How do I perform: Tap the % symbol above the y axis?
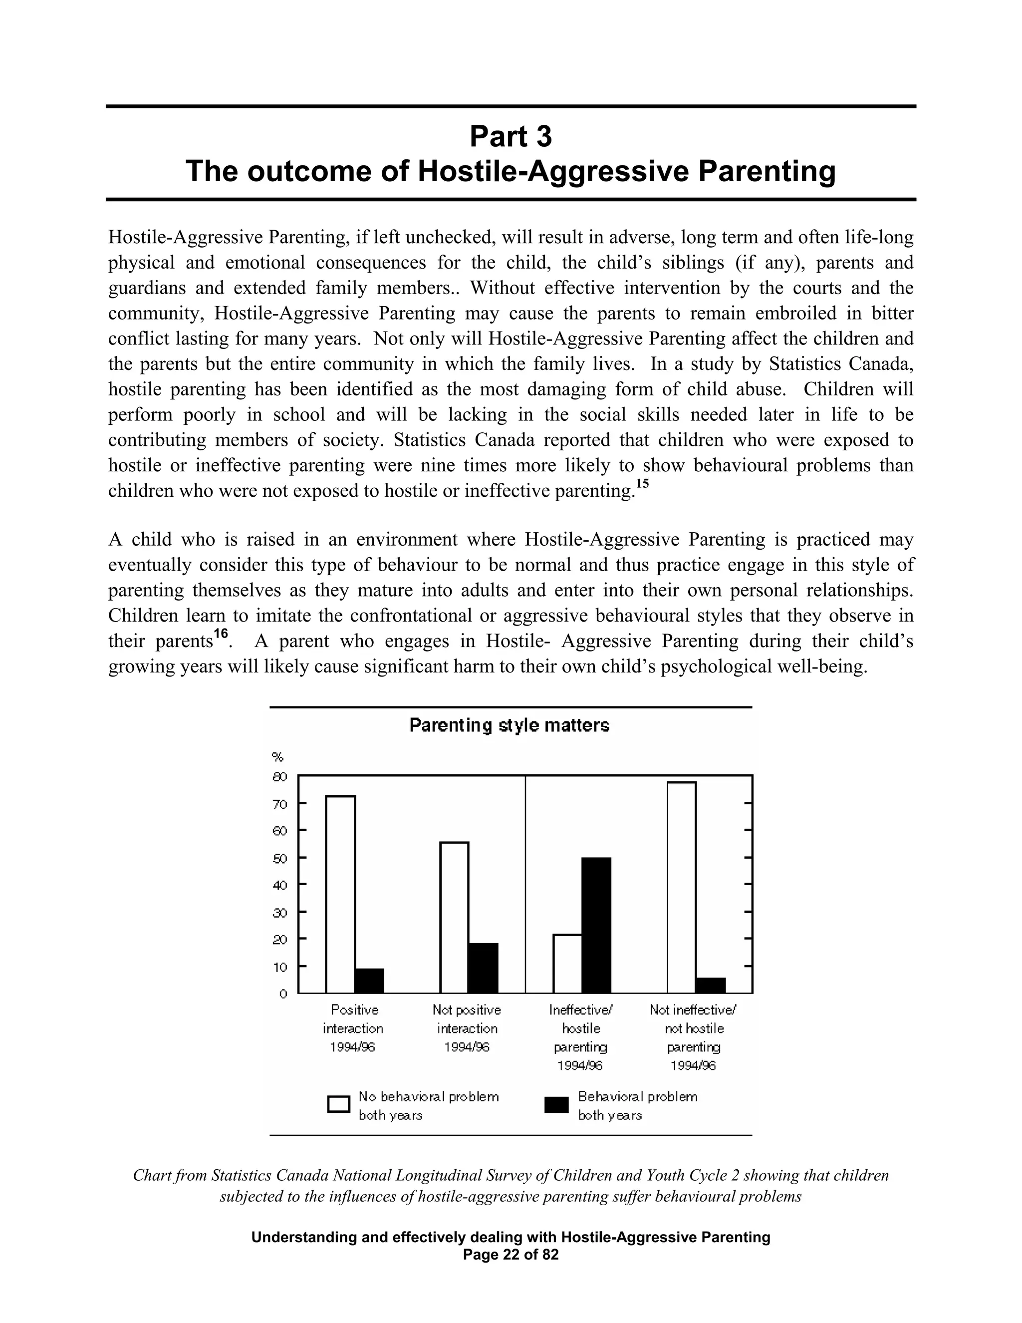(x=278, y=757)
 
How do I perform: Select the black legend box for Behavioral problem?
(x=556, y=1105)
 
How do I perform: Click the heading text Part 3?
(x=511, y=136)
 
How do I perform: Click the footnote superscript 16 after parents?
(x=221, y=634)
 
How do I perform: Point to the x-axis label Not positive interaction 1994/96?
(x=467, y=1028)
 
